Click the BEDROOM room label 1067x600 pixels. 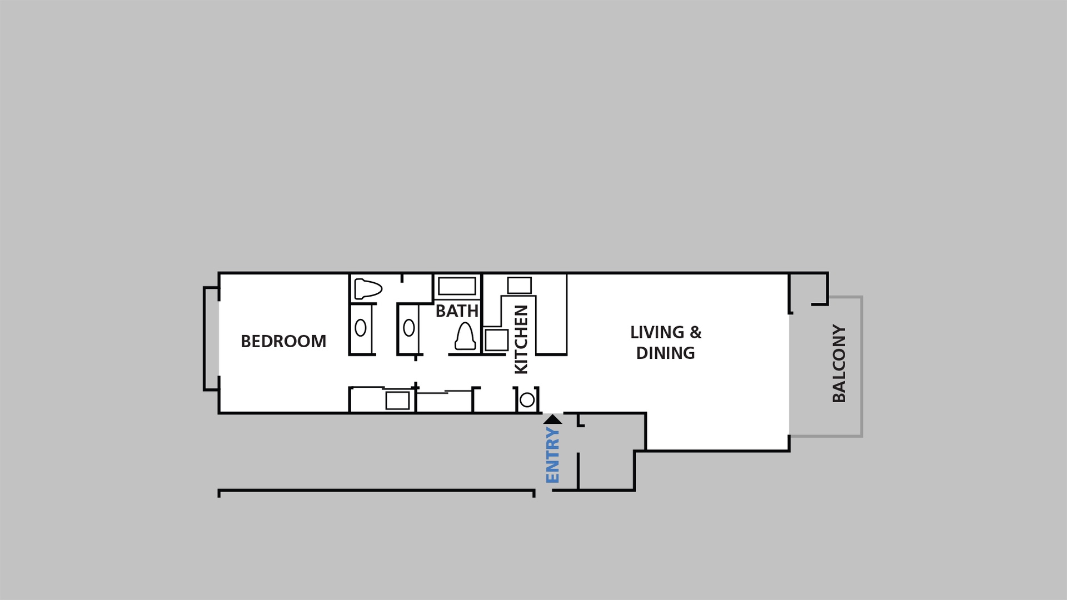click(283, 341)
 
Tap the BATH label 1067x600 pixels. click(457, 311)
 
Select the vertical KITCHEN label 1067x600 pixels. click(521, 339)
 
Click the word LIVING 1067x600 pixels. click(657, 332)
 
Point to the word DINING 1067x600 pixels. click(665, 353)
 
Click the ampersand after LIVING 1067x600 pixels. click(695, 332)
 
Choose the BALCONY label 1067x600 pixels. click(839, 363)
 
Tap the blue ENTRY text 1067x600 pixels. click(552, 455)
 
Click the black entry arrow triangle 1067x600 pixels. click(552, 419)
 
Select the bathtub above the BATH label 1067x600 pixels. click(457, 287)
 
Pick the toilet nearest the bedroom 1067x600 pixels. click(368, 289)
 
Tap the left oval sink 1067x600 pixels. click(360, 328)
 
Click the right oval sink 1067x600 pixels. click(409, 328)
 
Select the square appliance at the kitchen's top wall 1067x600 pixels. click(519, 285)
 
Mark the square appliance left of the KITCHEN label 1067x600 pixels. click(496, 340)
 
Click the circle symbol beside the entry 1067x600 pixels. click(527, 399)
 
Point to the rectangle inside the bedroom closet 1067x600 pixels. click(397, 401)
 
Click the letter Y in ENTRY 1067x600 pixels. click(552, 433)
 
